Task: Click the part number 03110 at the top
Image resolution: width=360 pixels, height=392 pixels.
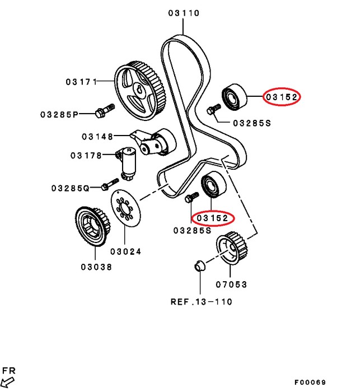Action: click(183, 12)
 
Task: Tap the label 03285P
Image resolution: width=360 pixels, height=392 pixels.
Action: click(59, 114)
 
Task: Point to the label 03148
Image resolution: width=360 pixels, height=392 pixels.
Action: click(97, 136)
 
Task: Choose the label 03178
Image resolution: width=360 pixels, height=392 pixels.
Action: click(85, 155)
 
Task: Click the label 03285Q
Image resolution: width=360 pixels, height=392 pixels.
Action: click(70, 188)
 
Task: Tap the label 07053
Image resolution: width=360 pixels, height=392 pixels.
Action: click(230, 284)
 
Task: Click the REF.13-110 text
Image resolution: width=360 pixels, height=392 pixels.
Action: click(201, 302)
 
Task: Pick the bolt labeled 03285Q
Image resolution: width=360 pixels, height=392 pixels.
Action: click(110, 184)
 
